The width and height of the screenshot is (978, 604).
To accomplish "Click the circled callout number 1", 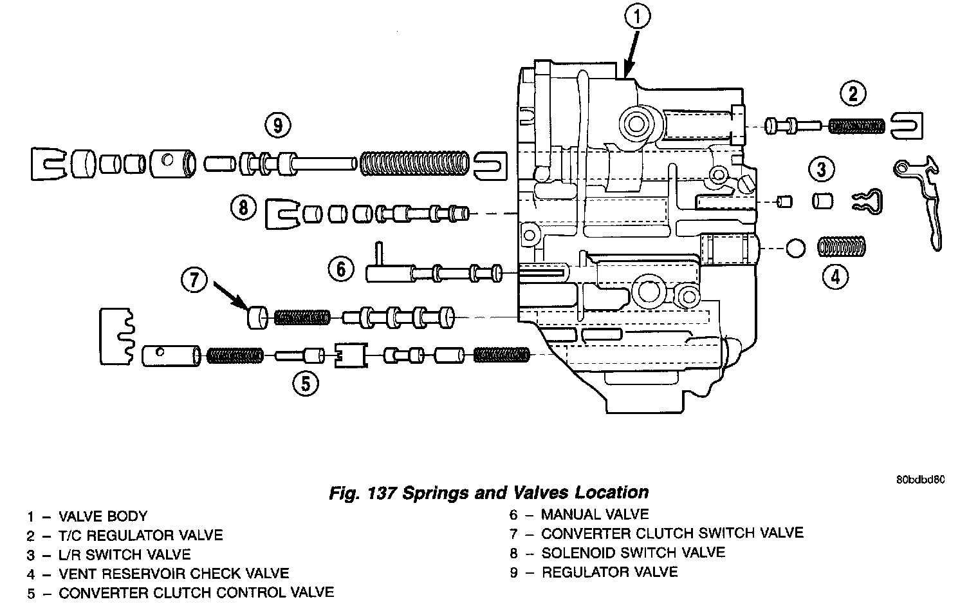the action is click(637, 17).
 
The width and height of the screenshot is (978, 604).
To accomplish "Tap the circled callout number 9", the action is click(278, 126).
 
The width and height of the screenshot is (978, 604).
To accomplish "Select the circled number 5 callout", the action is click(306, 384).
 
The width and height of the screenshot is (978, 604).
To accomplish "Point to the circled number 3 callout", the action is click(821, 169).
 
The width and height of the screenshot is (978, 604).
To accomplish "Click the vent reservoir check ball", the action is click(795, 249).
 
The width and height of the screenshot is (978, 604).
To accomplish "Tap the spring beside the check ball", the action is click(841, 247).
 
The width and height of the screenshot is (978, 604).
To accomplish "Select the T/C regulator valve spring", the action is click(856, 127).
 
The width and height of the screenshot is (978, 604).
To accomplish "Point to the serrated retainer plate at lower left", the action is click(117, 337).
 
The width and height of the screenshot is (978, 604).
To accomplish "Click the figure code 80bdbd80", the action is click(920, 480).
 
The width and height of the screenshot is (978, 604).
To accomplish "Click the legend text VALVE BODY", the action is click(103, 516).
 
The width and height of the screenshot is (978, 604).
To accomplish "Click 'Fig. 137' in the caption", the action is click(362, 493).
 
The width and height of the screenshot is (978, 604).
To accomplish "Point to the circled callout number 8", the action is click(243, 207).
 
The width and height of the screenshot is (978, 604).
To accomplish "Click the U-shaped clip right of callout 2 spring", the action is click(907, 126).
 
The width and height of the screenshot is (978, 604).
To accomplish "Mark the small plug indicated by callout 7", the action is click(257, 317).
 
